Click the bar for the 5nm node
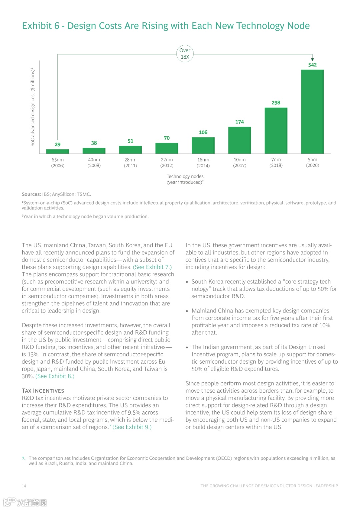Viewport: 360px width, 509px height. point(312,111)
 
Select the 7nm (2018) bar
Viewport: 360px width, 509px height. point(276,130)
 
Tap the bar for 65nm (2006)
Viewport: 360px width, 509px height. point(58,151)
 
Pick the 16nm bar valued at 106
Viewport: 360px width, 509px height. point(203,145)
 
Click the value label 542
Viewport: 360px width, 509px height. point(312,65)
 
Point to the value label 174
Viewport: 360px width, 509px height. point(239,122)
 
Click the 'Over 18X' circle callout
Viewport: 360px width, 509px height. point(185,54)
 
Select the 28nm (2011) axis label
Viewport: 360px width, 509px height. point(130,163)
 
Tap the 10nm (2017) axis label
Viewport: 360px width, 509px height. point(239,163)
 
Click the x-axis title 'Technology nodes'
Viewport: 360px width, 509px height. point(185,176)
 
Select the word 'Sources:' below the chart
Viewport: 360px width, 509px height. point(31,194)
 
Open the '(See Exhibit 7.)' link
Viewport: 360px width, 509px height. point(152,267)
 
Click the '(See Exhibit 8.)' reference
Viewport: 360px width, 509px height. point(55,376)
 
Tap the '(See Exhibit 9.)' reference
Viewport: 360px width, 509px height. point(132,427)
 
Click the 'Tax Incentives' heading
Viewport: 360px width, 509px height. point(43,391)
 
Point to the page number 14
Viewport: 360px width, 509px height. point(24,486)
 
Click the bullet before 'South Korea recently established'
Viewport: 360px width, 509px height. point(187,282)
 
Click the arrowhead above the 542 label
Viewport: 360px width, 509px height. point(312,59)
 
